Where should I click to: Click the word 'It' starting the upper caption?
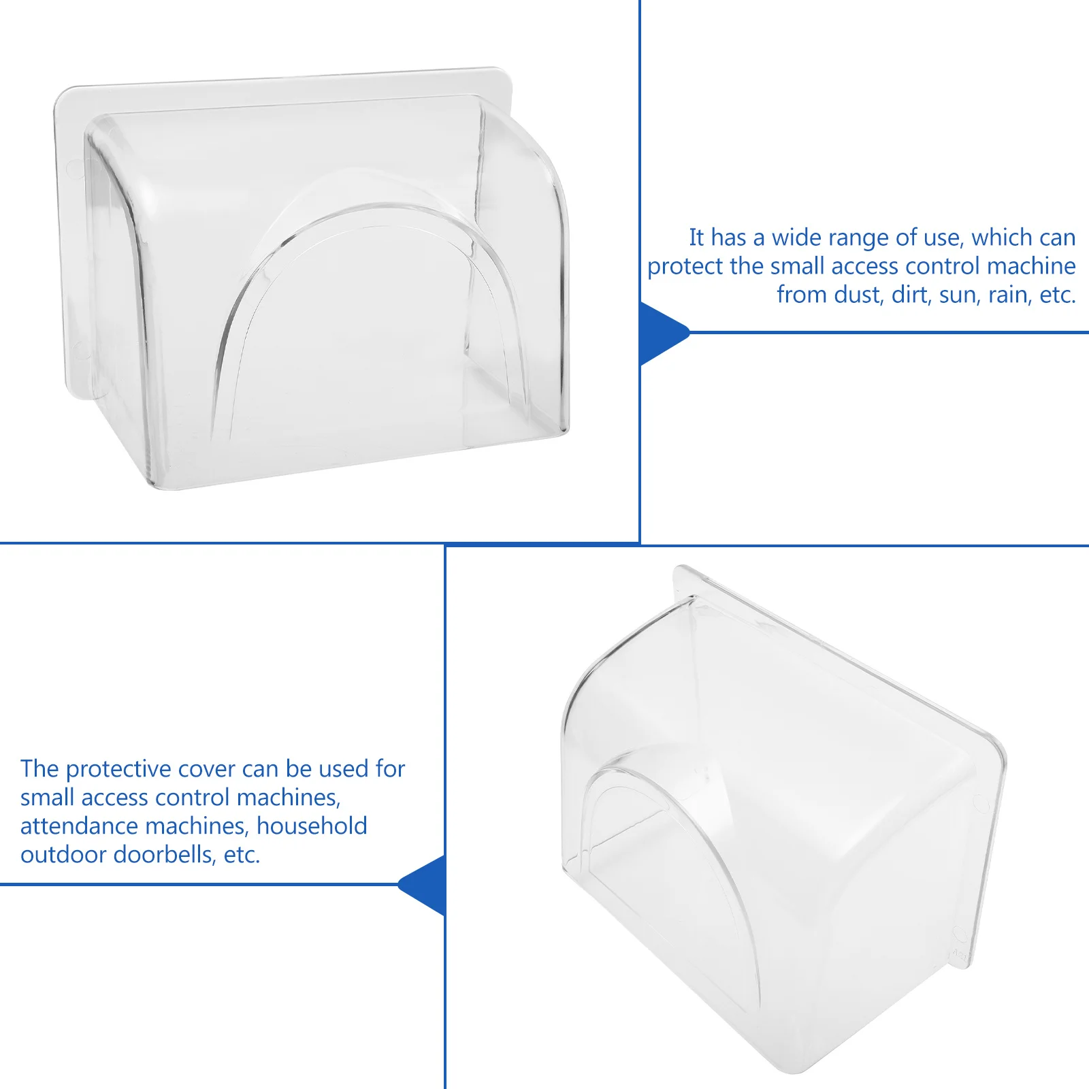(696, 238)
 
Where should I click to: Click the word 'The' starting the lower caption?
(39, 769)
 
